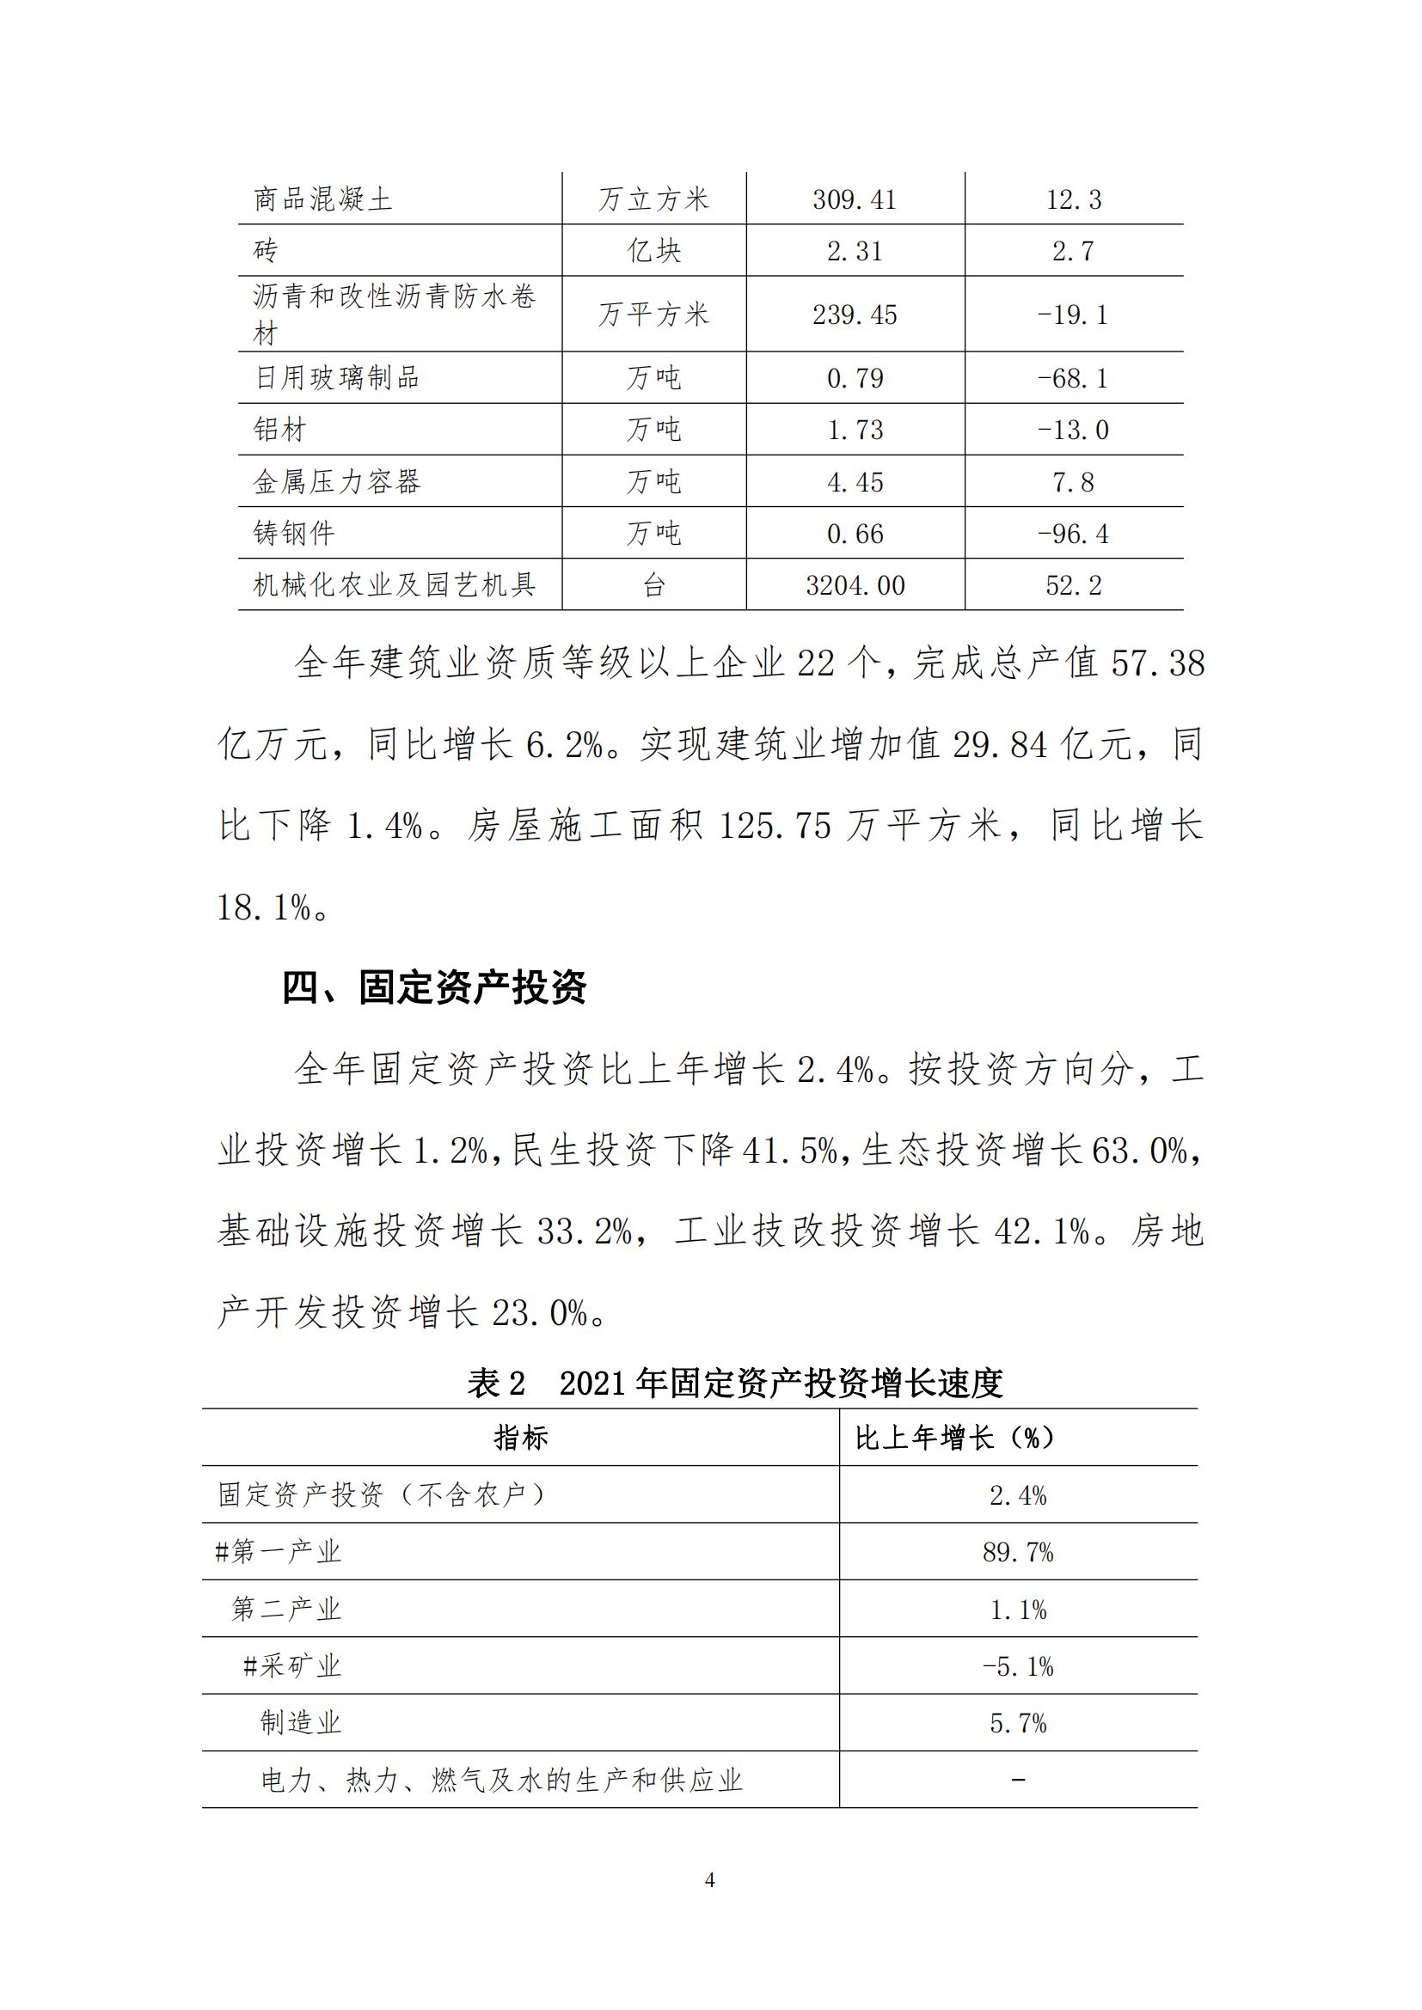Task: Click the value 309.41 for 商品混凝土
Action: (x=854, y=199)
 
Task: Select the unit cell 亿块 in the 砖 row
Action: (x=653, y=251)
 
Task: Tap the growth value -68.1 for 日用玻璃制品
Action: (x=1073, y=378)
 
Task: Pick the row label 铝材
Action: (x=280, y=430)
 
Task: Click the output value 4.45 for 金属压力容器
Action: (x=855, y=481)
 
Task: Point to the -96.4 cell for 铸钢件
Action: (x=1073, y=533)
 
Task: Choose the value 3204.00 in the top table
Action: (x=855, y=585)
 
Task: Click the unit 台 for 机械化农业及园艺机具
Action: (x=653, y=585)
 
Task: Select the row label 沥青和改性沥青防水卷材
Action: (x=394, y=314)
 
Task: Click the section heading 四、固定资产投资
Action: (x=434, y=988)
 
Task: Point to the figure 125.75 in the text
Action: (x=774, y=826)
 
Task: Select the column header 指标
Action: (x=520, y=1438)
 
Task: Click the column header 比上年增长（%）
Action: (x=954, y=1438)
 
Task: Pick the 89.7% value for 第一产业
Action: (x=1017, y=1552)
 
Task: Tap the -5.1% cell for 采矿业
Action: (x=1017, y=1666)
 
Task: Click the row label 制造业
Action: (x=300, y=1723)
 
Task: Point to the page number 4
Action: (x=710, y=1879)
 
